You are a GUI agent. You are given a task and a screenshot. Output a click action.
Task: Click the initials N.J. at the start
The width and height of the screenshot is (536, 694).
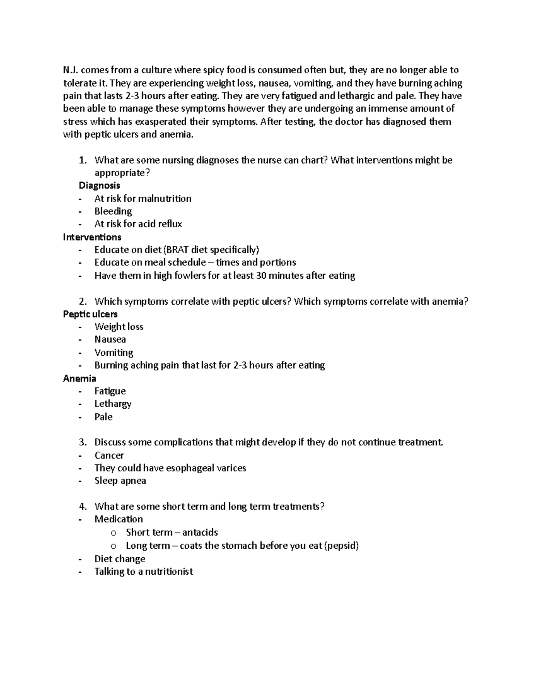(x=70, y=70)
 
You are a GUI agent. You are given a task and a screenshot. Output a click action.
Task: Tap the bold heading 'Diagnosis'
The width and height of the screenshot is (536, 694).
(x=99, y=185)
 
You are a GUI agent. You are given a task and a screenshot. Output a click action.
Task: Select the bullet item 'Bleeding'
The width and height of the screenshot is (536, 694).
(x=113, y=211)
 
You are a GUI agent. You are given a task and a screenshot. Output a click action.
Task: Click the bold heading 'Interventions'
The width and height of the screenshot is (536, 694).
(x=92, y=237)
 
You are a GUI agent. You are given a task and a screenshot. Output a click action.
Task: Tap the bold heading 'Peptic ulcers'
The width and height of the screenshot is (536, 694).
(x=90, y=314)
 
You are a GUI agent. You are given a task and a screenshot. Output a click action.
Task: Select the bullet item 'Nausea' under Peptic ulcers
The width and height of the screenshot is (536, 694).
(x=110, y=340)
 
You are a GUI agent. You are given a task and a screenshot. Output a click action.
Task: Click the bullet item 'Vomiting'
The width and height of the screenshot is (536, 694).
(x=113, y=353)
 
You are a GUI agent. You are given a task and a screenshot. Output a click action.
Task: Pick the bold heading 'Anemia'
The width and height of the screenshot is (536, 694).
(x=80, y=379)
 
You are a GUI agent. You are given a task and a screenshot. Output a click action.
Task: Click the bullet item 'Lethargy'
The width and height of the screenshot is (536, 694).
(x=113, y=404)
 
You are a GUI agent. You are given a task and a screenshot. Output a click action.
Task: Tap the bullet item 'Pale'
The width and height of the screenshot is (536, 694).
(x=103, y=417)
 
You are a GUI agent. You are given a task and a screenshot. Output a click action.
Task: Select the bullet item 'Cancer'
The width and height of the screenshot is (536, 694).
(x=109, y=455)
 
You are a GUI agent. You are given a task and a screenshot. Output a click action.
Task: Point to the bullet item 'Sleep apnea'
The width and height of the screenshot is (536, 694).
(x=120, y=481)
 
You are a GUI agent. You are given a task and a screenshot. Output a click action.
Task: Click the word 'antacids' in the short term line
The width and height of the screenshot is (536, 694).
(x=200, y=532)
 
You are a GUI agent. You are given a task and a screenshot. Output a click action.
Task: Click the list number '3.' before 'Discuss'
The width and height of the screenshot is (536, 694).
(x=82, y=442)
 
